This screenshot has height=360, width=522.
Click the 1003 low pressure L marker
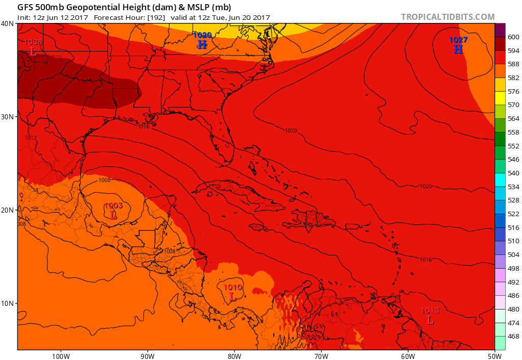[114, 215]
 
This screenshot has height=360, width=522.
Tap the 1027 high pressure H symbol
[458, 49]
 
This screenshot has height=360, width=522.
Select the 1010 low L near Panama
[232, 296]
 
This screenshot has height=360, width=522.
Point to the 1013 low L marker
[430, 320]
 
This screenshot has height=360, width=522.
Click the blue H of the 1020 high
[202, 44]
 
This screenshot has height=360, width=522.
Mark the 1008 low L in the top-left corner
[33, 51]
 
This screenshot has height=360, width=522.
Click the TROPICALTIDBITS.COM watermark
[448, 17]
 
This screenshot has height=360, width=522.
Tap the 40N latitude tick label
[7, 23]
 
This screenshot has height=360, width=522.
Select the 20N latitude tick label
[7, 210]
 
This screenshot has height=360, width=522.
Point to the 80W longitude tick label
[234, 355]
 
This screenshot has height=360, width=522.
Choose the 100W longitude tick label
[60, 355]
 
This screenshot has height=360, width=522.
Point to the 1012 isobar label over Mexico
[31, 138]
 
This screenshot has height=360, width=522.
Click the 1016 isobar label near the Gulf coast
[143, 126]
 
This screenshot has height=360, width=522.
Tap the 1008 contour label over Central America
[170, 251]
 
